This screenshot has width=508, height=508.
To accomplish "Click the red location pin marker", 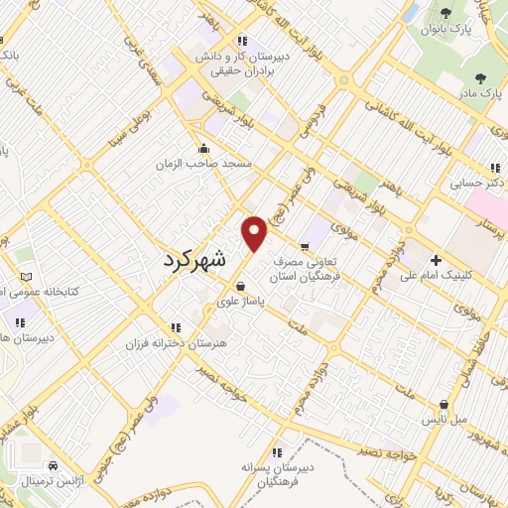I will coord(255,234).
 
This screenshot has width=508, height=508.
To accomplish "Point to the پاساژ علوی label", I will coord(240,303).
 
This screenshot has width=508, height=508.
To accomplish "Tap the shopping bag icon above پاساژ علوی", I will coord(240,287).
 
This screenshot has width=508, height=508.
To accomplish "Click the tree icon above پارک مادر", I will coord(481,77).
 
